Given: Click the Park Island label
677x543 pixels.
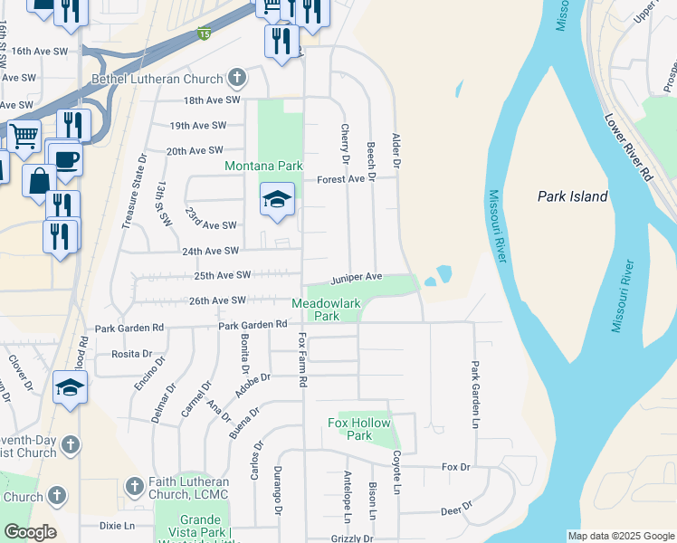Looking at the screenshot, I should [x=572, y=196].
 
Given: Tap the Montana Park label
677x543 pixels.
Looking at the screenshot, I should [x=263, y=167].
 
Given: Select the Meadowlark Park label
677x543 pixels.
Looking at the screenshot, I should [x=327, y=310].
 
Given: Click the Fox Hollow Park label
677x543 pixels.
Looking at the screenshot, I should [x=359, y=429].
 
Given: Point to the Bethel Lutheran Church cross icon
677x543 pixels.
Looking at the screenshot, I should [x=237, y=78].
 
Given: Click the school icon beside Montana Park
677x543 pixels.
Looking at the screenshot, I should [x=278, y=198].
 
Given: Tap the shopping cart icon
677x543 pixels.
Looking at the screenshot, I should [x=24, y=136].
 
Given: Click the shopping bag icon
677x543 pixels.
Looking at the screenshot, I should [x=40, y=180].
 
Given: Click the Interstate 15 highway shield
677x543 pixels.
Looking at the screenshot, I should [x=205, y=34].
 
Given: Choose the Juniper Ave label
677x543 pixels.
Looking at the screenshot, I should [x=357, y=277].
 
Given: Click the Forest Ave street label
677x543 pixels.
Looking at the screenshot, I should [x=340, y=179].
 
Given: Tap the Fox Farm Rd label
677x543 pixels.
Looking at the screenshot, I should [x=301, y=359].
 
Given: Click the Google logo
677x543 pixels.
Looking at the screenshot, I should [x=30, y=532].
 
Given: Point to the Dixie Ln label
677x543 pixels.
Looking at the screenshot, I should [x=117, y=525].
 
